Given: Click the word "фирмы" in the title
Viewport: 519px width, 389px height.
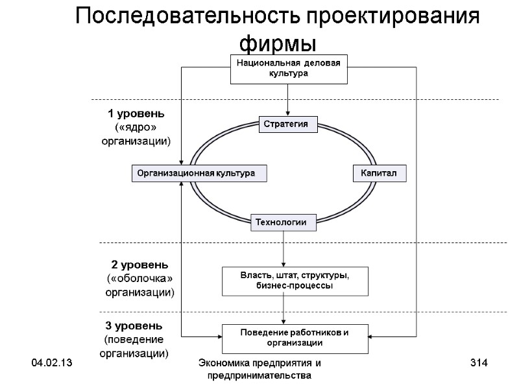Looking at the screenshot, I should [278, 43].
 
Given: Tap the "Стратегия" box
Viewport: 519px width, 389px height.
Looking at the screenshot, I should [288, 124].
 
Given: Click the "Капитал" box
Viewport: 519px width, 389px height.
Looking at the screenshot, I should [379, 174].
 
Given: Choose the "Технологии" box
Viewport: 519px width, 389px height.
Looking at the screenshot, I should [284, 222].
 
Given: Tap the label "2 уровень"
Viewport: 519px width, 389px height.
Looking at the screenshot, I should [140, 265].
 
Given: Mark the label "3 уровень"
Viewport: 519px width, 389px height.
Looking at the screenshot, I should [134, 325].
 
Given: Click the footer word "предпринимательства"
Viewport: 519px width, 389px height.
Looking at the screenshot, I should [259, 375].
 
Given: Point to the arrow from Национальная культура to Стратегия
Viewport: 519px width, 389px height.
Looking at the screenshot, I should [286, 100].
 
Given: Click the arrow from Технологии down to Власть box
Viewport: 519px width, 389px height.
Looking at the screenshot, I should [284, 248].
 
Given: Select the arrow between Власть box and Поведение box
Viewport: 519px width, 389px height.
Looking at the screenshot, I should [284, 309].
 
